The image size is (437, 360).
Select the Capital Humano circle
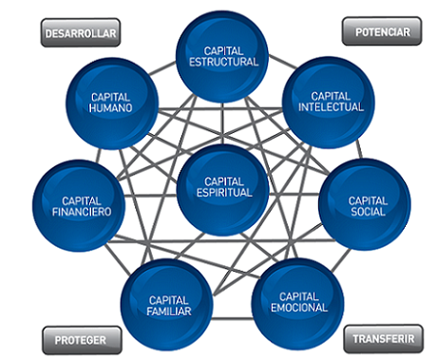110,103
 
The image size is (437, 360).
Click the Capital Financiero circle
80,207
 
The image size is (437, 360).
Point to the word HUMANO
110,108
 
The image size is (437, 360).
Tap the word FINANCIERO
80,213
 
